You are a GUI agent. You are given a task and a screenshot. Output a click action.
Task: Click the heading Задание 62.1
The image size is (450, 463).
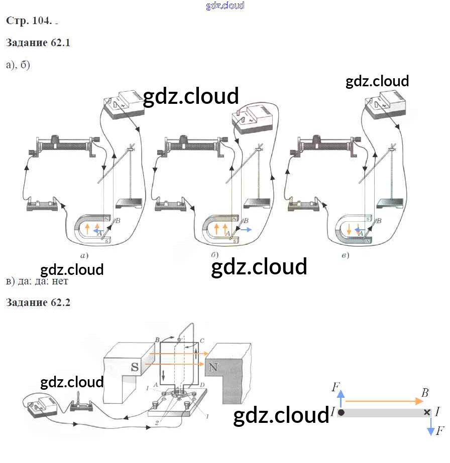[38, 43]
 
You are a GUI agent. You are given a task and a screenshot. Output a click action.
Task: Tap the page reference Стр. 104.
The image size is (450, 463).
[29, 21]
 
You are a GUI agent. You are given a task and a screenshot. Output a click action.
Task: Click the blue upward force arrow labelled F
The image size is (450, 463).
[341, 399]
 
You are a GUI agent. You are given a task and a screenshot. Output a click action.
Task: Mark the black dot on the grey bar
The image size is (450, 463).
[342, 412]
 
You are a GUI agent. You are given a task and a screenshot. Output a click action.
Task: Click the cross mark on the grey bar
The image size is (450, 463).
[427, 412]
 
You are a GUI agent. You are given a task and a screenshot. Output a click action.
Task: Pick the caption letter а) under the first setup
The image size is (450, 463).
[84, 256]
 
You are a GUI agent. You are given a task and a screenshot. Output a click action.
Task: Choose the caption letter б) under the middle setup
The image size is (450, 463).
[214, 256]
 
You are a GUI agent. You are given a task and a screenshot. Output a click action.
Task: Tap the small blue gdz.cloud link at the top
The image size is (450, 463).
[225, 6]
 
